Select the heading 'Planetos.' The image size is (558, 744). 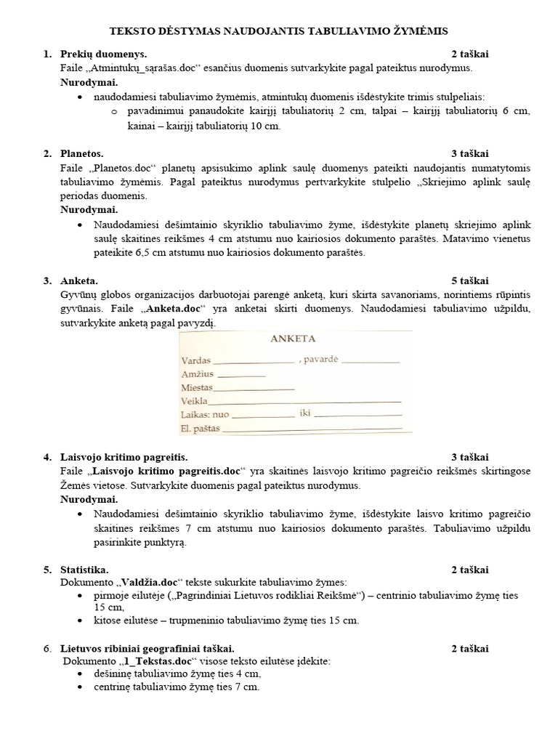[82, 153]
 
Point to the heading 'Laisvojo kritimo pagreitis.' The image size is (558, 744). [124, 457]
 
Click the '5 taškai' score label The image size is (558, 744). [469, 280]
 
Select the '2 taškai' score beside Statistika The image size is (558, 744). [469, 569]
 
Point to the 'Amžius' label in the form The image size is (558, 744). [198, 373]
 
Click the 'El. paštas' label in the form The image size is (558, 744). [200, 429]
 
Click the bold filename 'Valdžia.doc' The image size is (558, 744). [148, 582]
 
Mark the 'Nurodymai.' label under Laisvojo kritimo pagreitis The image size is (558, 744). [89, 499]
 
